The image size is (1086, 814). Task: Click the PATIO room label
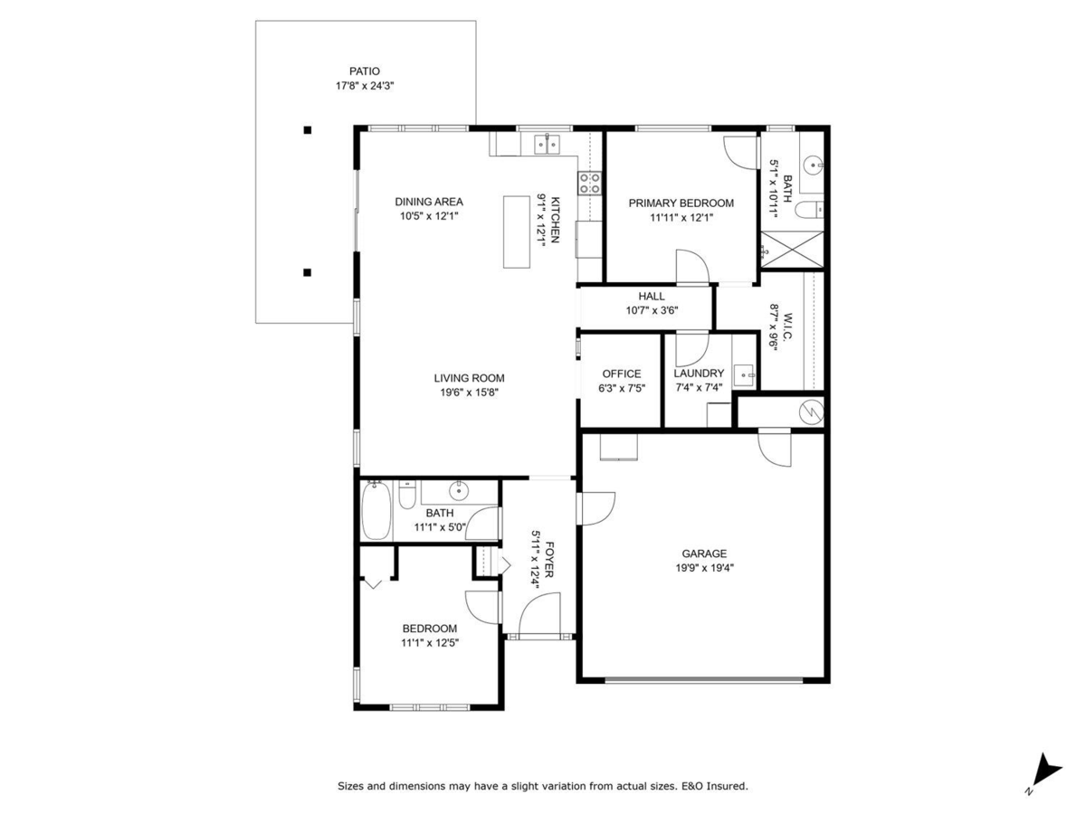pyautogui.click(x=365, y=71)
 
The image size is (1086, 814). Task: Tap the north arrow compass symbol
pyautogui.click(x=1047, y=771)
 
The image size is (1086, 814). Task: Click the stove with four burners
pyautogui.click(x=590, y=184)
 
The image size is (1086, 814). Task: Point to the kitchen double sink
pyautogui.click(x=548, y=142)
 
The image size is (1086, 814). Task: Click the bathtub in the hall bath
pyautogui.click(x=376, y=511)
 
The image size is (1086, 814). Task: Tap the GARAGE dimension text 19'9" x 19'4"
pyautogui.click(x=704, y=568)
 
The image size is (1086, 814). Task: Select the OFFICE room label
pyautogui.click(x=621, y=374)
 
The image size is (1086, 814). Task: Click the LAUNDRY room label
pyautogui.click(x=699, y=374)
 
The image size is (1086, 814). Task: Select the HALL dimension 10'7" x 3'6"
pyautogui.click(x=652, y=310)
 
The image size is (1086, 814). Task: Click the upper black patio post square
pyautogui.click(x=308, y=130)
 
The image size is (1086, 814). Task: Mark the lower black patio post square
pyautogui.click(x=308, y=271)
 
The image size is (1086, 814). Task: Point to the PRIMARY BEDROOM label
pyautogui.click(x=681, y=203)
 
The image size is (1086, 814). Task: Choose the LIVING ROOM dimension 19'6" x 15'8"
pyautogui.click(x=469, y=393)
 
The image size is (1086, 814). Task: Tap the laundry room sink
pyautogui.click(x=745, y=373)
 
